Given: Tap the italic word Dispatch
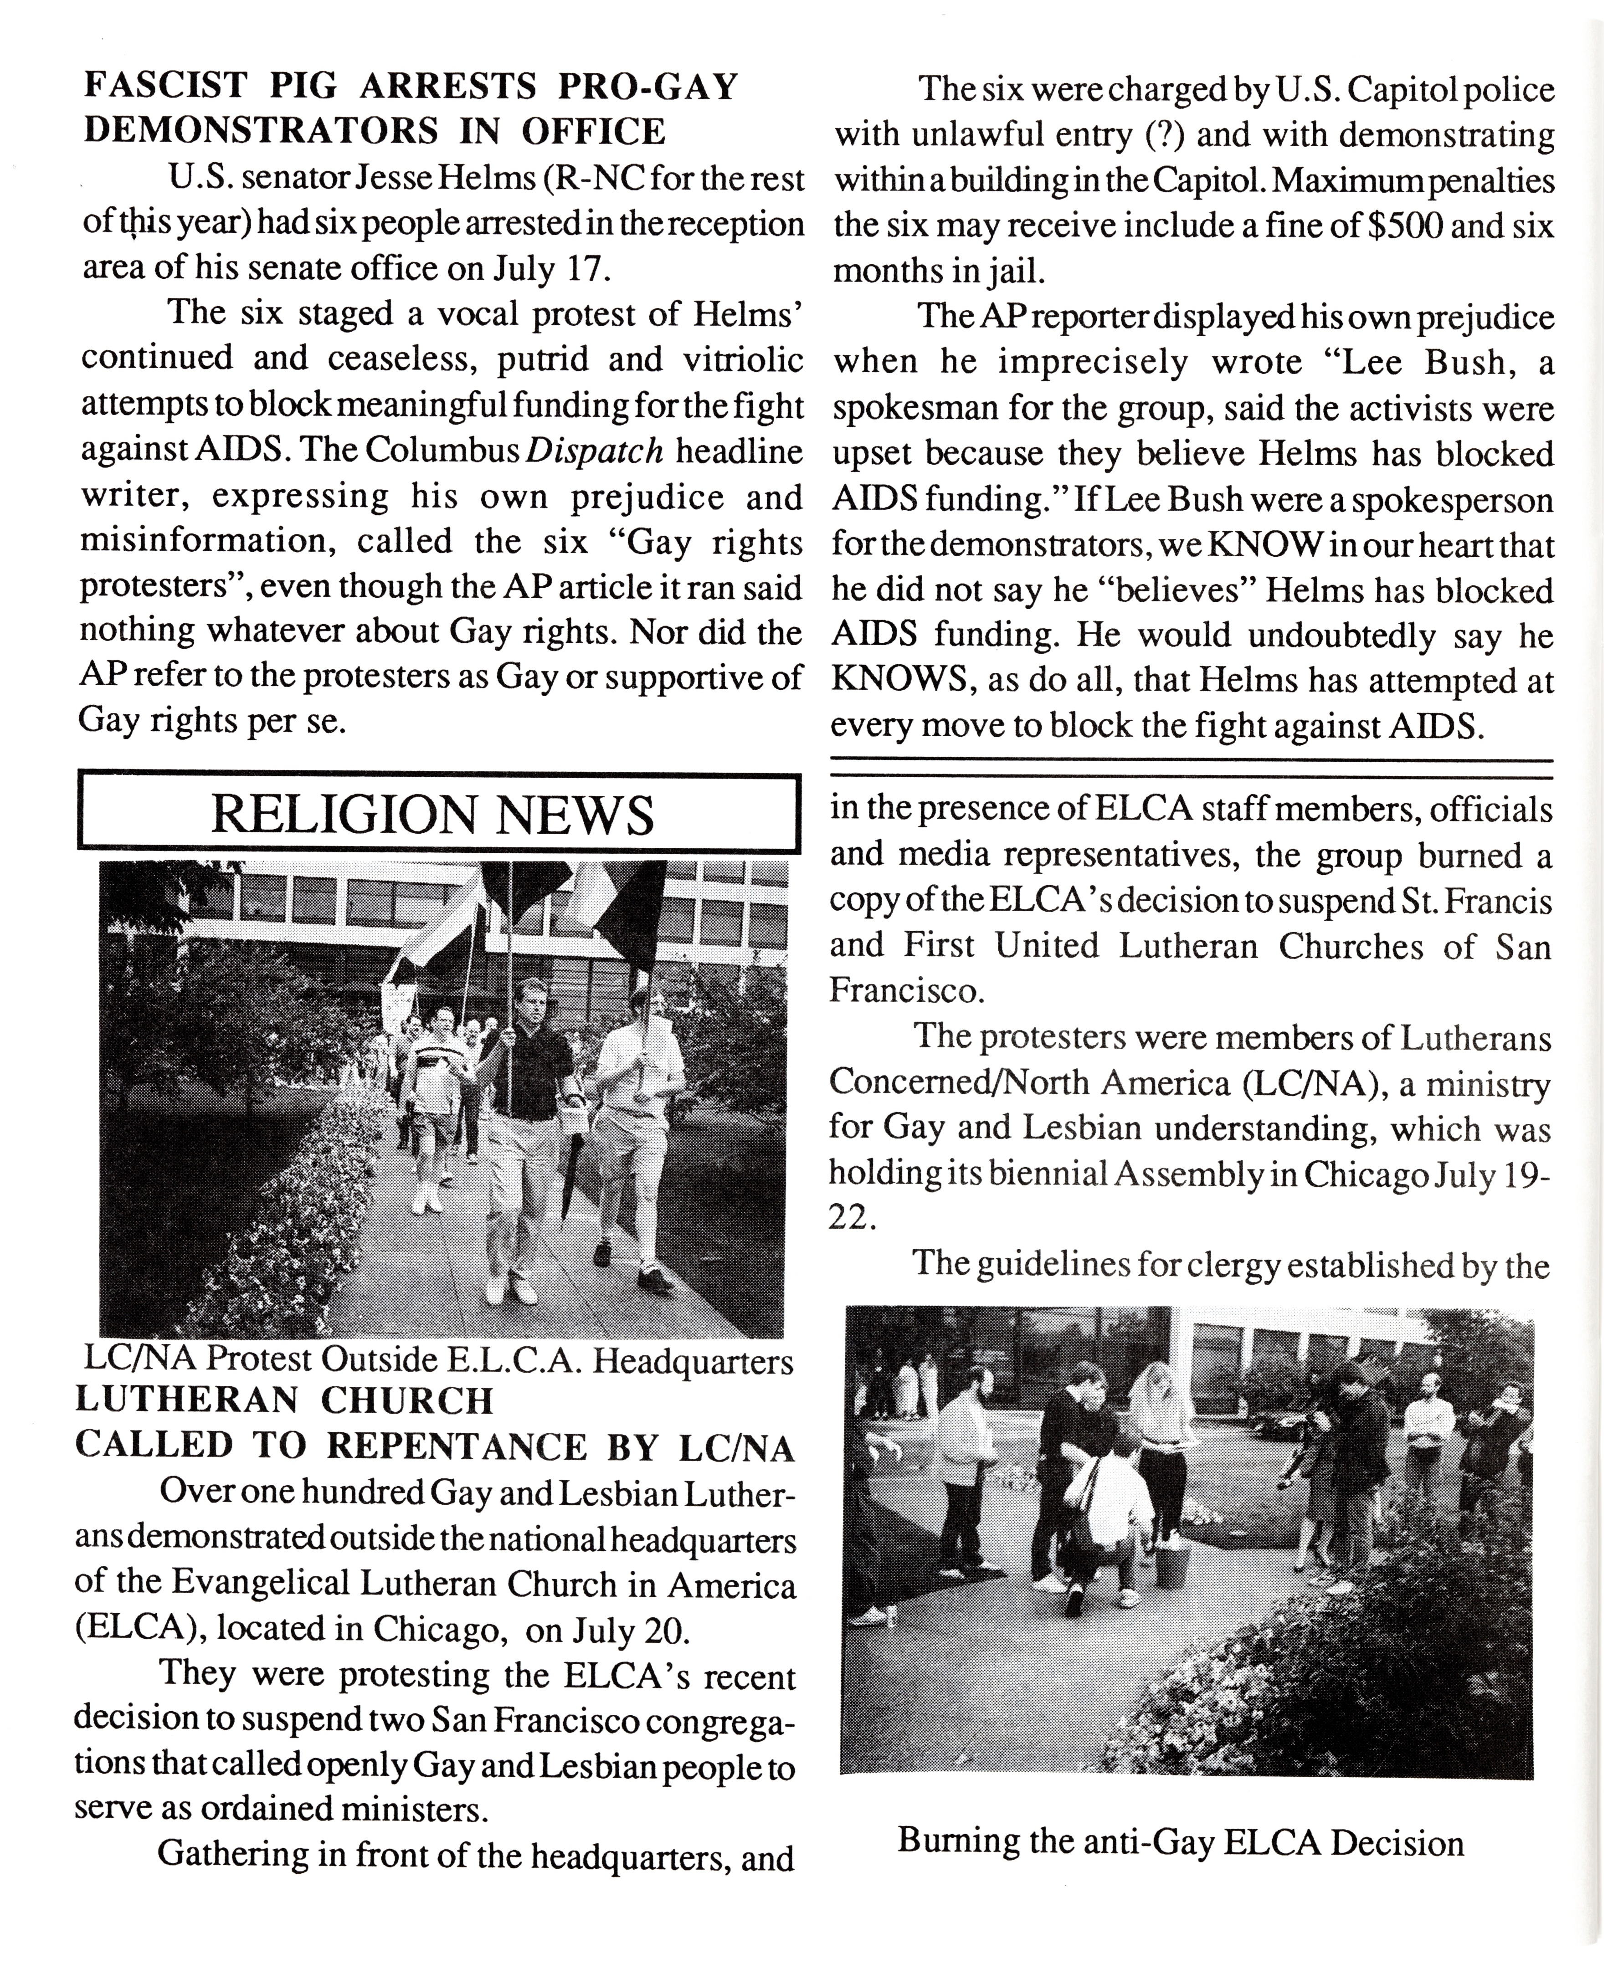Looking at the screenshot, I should (595, 451).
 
